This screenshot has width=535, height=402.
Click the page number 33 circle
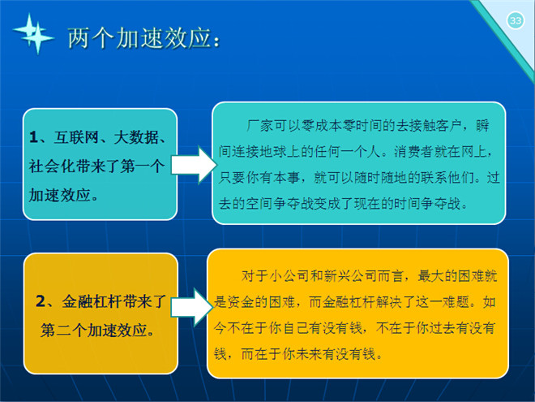point(516,21)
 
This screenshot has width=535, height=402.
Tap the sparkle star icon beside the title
point(33,34)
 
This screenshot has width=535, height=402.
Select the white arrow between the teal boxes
point(194,165)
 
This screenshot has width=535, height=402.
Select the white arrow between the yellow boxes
point(192,307)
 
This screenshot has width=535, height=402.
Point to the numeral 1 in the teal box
point(33,137)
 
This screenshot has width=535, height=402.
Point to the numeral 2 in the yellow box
point(41,301)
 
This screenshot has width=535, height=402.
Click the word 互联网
point(76,137)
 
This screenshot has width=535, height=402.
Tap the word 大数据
point(136,137)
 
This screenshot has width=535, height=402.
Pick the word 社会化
point(51,166)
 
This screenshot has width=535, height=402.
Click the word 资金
point(241,302)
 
